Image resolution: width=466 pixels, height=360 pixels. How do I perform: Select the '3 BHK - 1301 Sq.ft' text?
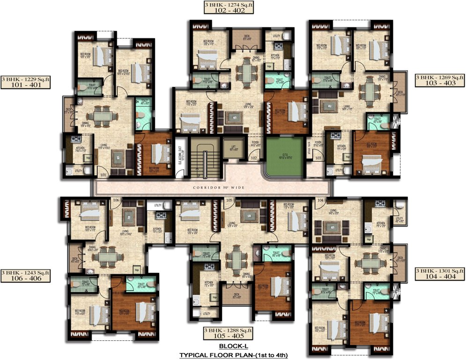pos(440,271)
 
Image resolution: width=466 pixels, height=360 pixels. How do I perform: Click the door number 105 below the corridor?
pos(229,200)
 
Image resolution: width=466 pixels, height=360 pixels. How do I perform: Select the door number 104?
pos(320,200)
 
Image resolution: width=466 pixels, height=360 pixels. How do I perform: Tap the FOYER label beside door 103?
pos(318,143)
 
